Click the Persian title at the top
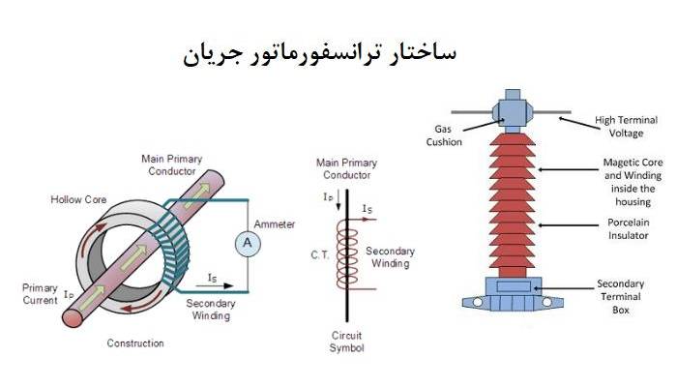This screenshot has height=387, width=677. point(319,52)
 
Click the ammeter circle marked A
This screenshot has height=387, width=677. point(247,244)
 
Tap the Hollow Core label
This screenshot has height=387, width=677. point(78,199)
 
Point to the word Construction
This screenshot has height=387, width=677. point(135,343)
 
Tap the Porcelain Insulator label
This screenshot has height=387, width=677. point(631,229)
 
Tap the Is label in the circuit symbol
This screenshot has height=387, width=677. point(368,208)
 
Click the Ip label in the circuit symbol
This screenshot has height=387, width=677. point(329,196)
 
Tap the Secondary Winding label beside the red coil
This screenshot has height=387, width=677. point(390,257)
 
